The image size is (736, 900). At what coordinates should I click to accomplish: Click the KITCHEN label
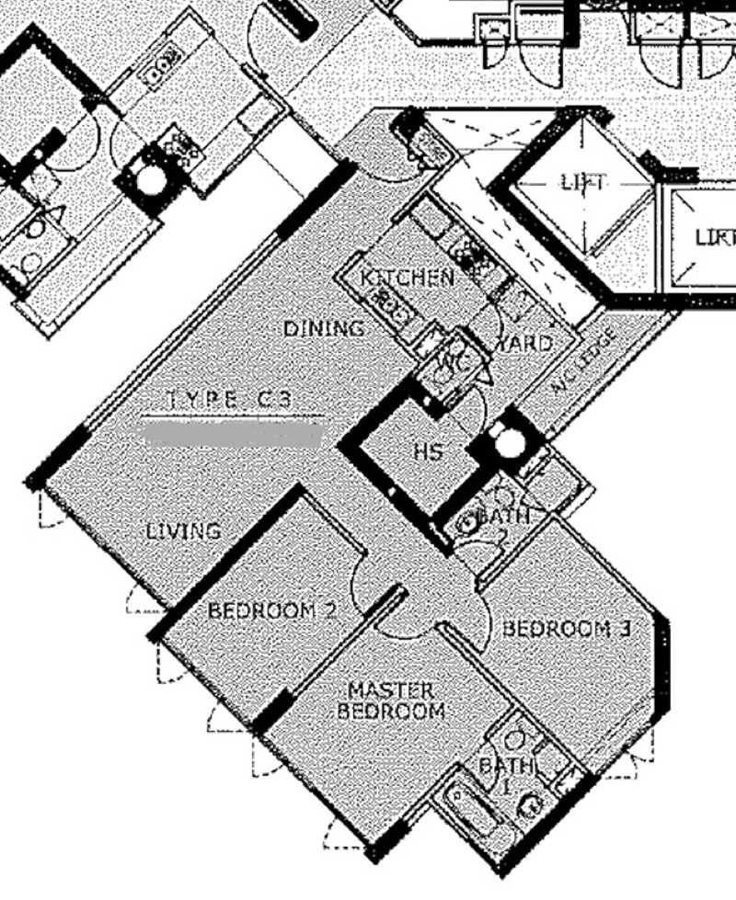tap(407, 278)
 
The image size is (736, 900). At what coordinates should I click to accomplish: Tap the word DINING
tap(323, 328)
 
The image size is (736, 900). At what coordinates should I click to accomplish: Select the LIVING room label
tap(183, 530)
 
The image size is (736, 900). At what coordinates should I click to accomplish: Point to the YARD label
tap(525, 344)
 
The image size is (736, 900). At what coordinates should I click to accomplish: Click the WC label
tap(454, 362)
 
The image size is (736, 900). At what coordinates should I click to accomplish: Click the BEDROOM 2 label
tap(272, 609)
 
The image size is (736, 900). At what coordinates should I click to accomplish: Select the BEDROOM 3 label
tap(567, 629)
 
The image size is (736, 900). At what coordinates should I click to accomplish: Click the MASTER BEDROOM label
tap(391, 701)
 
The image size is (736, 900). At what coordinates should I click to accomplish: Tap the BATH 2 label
tap(501, 525)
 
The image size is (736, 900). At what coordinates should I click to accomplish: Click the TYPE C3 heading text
tap(233, 400)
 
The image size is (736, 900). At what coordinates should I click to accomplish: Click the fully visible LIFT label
tap(582, 183)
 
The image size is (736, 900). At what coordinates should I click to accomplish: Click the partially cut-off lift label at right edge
tap(715, 237)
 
